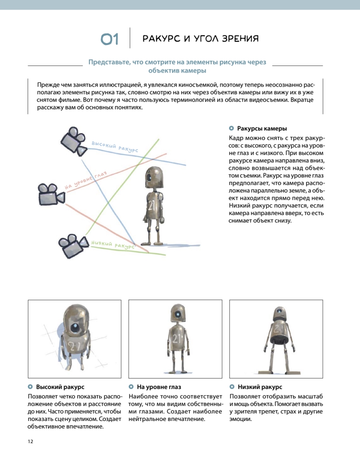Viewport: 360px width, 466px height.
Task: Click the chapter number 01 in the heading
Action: pos(109,39)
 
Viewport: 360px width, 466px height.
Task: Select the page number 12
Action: pos(31,442)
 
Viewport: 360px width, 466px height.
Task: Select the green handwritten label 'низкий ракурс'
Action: pos(112,244)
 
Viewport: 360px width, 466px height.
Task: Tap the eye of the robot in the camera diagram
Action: pos(149,178)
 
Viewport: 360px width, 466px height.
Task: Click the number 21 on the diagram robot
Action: pos(151,206)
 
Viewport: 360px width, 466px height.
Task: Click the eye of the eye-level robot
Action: pos(177,314)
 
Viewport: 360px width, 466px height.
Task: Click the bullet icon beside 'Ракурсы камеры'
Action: pos(231,129)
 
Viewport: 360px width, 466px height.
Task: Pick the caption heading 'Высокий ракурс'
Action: pos(60,387)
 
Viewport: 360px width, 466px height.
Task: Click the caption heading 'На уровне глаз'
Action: pos(159,387)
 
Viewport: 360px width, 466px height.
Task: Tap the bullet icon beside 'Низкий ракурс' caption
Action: pos(232,387)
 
